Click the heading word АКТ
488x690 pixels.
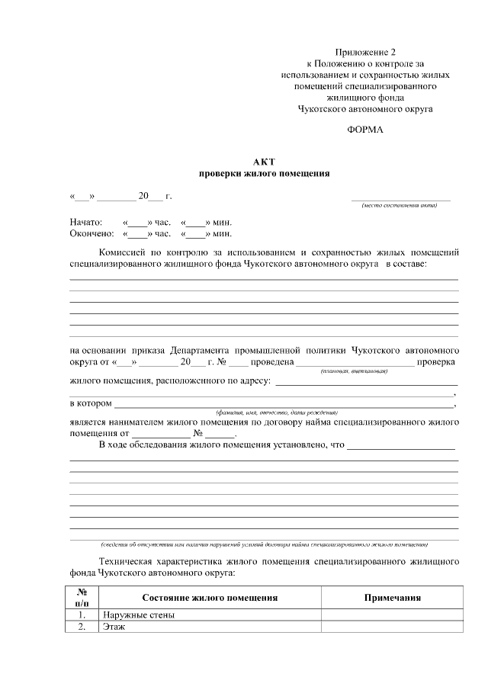(264, 162)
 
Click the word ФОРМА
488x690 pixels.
(365, 130)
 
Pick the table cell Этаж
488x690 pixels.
(113, 627)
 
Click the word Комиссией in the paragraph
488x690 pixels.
(125, 252)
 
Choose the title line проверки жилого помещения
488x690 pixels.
(264, 173)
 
